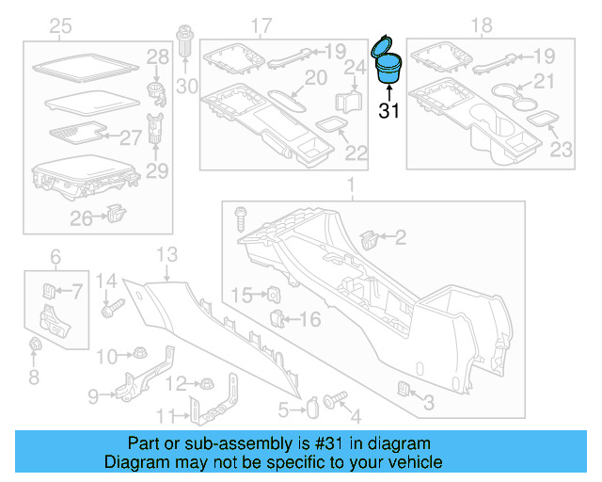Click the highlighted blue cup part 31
387,65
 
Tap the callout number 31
389,111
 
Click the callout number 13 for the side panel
166,253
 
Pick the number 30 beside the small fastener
187,87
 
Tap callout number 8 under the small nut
34,378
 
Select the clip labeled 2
370,239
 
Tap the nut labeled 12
203,383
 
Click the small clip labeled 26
116,216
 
